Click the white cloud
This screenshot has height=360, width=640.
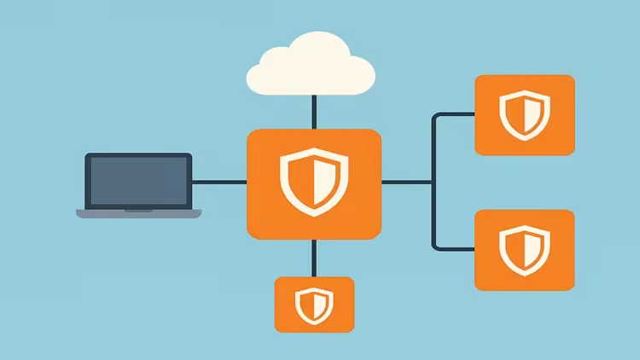pos(311,67)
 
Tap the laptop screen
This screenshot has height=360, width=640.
pos(138,180)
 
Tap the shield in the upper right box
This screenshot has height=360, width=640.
pos(524,115)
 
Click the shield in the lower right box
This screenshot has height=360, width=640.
pos(524,248)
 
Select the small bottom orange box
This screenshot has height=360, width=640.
pos(286,320)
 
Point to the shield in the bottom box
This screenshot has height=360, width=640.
pos(313,305)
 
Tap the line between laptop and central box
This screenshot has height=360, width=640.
pos(219,182)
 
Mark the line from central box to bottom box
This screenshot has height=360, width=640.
pos(314,258)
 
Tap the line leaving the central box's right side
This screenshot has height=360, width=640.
pos(406,182)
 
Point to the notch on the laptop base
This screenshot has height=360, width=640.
pos(138,210)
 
